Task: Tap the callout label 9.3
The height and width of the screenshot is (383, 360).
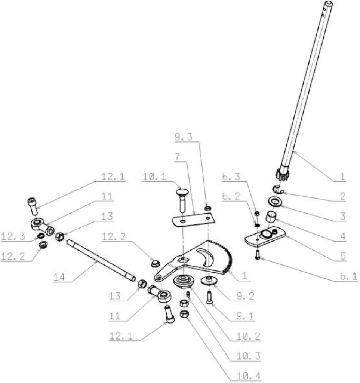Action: [184, 137]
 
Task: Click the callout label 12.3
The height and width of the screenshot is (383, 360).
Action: [13, 236]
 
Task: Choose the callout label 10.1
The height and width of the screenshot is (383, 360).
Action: [154, 177]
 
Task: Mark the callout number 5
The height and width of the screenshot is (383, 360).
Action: [343, 256]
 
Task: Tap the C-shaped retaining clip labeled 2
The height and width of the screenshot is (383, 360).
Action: [278, 190]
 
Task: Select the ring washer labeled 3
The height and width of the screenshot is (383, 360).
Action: [275, 202]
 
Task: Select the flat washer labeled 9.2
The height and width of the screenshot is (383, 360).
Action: [209, 281]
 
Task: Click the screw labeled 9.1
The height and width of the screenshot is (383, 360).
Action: [209, 297]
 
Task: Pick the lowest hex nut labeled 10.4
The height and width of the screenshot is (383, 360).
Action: [184, 314]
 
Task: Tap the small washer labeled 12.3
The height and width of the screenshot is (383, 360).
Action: [41, 236]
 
